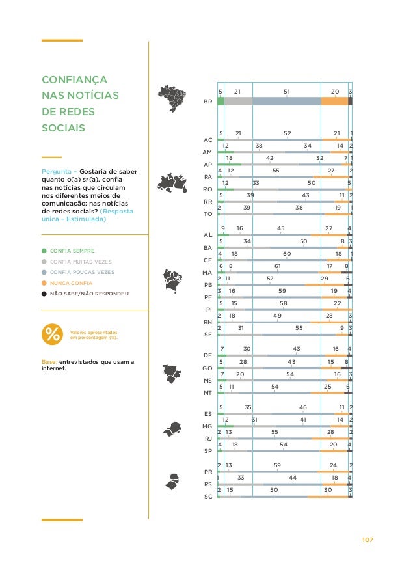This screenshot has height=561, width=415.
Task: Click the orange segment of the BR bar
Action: [x=334, y=102]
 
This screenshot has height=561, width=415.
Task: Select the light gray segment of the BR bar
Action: [x=238, y=102]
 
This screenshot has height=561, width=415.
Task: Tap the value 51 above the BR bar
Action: [x=287, y=92]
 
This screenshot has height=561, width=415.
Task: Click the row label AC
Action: [x=208, y=140]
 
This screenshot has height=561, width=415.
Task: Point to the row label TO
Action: [x=208, y=213]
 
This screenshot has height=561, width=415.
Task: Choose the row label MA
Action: [x=208, y=272]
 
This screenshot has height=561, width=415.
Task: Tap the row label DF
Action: [x=208, y=355]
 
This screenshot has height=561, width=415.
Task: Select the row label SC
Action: [x=208, y=496]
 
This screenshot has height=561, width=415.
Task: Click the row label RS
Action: [x=208, y=484]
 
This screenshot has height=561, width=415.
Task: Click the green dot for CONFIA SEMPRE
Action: [x=44, y=251]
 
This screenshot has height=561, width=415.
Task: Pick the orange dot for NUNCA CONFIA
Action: [x=44, y=283]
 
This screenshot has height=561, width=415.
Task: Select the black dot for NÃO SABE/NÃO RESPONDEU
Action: [x=44, y=294]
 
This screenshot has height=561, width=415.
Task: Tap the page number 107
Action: [x=369, y=540]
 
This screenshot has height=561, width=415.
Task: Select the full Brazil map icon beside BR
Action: [x=173, y=102]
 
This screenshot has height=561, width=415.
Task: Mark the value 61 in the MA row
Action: [x=277, y=266]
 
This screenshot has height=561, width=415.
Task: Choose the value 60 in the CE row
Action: [x=286, y=254]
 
